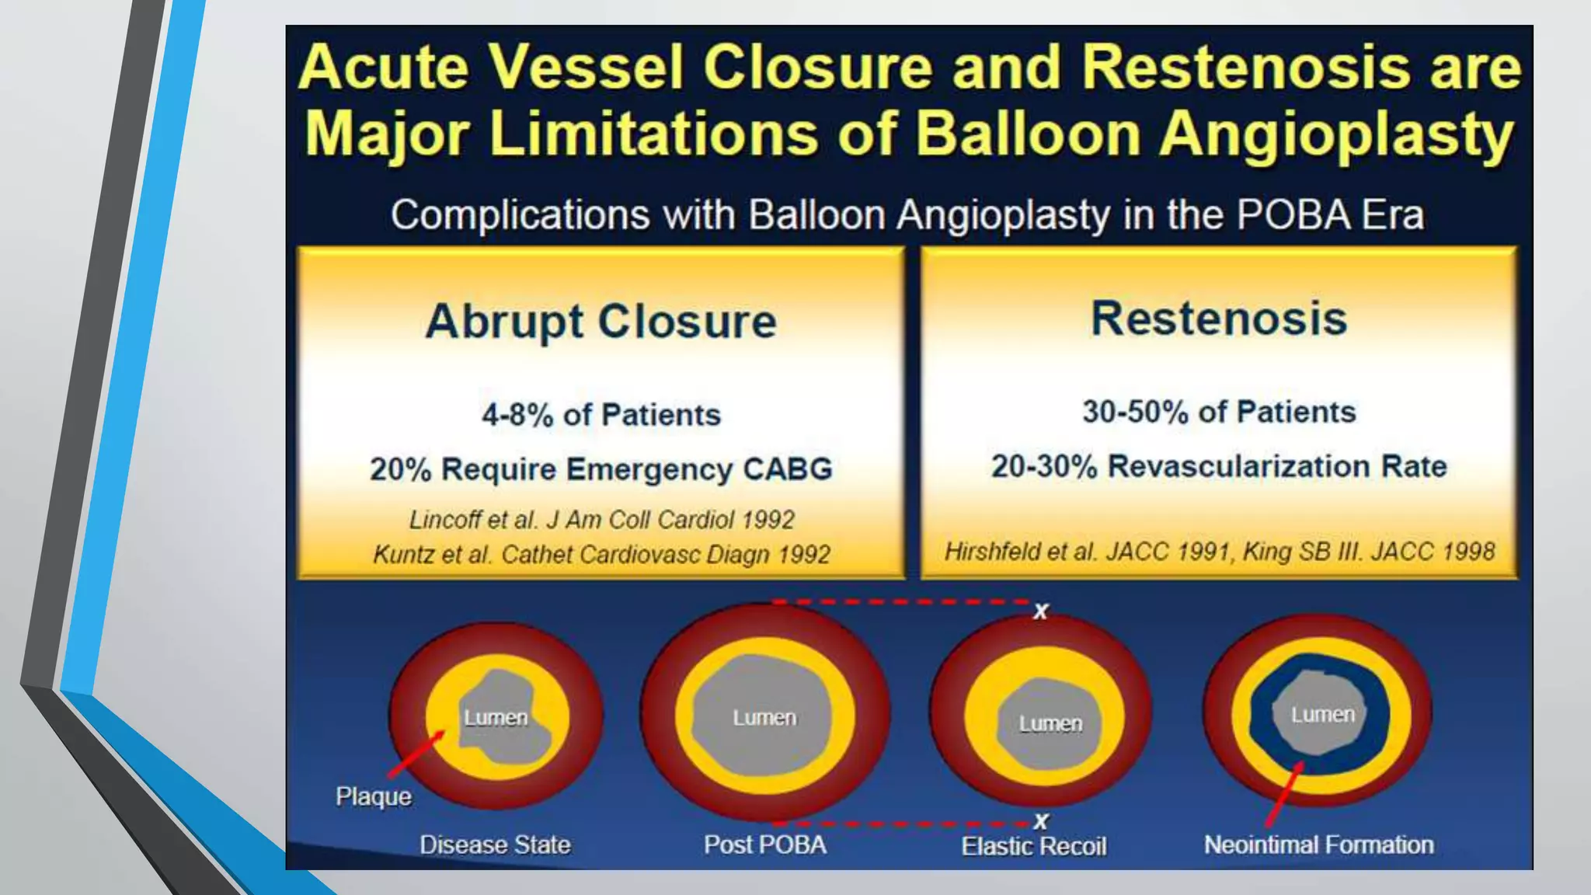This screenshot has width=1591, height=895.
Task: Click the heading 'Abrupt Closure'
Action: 601,322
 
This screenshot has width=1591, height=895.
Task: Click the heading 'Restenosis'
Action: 1218,319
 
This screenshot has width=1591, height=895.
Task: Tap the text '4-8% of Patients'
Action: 601,415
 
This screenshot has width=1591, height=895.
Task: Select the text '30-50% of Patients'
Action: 1218,412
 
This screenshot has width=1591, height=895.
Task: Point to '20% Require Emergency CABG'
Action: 601,469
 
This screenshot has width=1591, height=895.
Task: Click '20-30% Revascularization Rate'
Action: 1218,466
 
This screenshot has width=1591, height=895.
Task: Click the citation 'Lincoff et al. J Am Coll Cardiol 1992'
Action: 601,519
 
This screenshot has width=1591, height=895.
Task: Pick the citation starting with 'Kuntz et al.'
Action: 601,554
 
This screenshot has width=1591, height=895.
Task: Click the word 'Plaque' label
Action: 374,796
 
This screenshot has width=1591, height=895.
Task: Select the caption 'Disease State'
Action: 495,845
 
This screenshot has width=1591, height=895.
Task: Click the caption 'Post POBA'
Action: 764,845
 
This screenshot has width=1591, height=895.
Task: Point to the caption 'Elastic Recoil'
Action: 1033,846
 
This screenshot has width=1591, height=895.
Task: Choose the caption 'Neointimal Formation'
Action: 1318,845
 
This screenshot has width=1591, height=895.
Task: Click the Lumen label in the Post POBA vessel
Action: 764,718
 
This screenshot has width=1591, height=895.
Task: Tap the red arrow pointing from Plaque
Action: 416,754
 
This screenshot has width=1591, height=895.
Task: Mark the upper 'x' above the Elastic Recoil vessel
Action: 1041,611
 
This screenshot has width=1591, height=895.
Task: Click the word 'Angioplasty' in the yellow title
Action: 1336,134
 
